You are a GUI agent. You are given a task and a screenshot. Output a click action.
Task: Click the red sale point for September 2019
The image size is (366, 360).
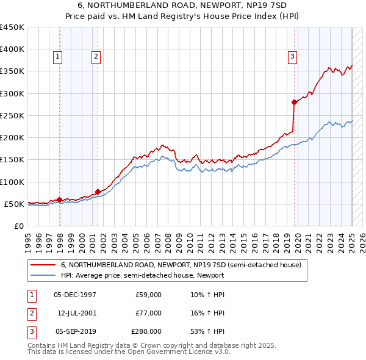294,102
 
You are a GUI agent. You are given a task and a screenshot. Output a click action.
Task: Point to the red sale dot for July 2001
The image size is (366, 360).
98,192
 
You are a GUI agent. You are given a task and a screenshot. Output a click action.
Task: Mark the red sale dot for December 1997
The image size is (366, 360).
59,200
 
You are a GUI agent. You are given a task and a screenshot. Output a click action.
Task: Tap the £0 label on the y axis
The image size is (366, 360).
18,226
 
